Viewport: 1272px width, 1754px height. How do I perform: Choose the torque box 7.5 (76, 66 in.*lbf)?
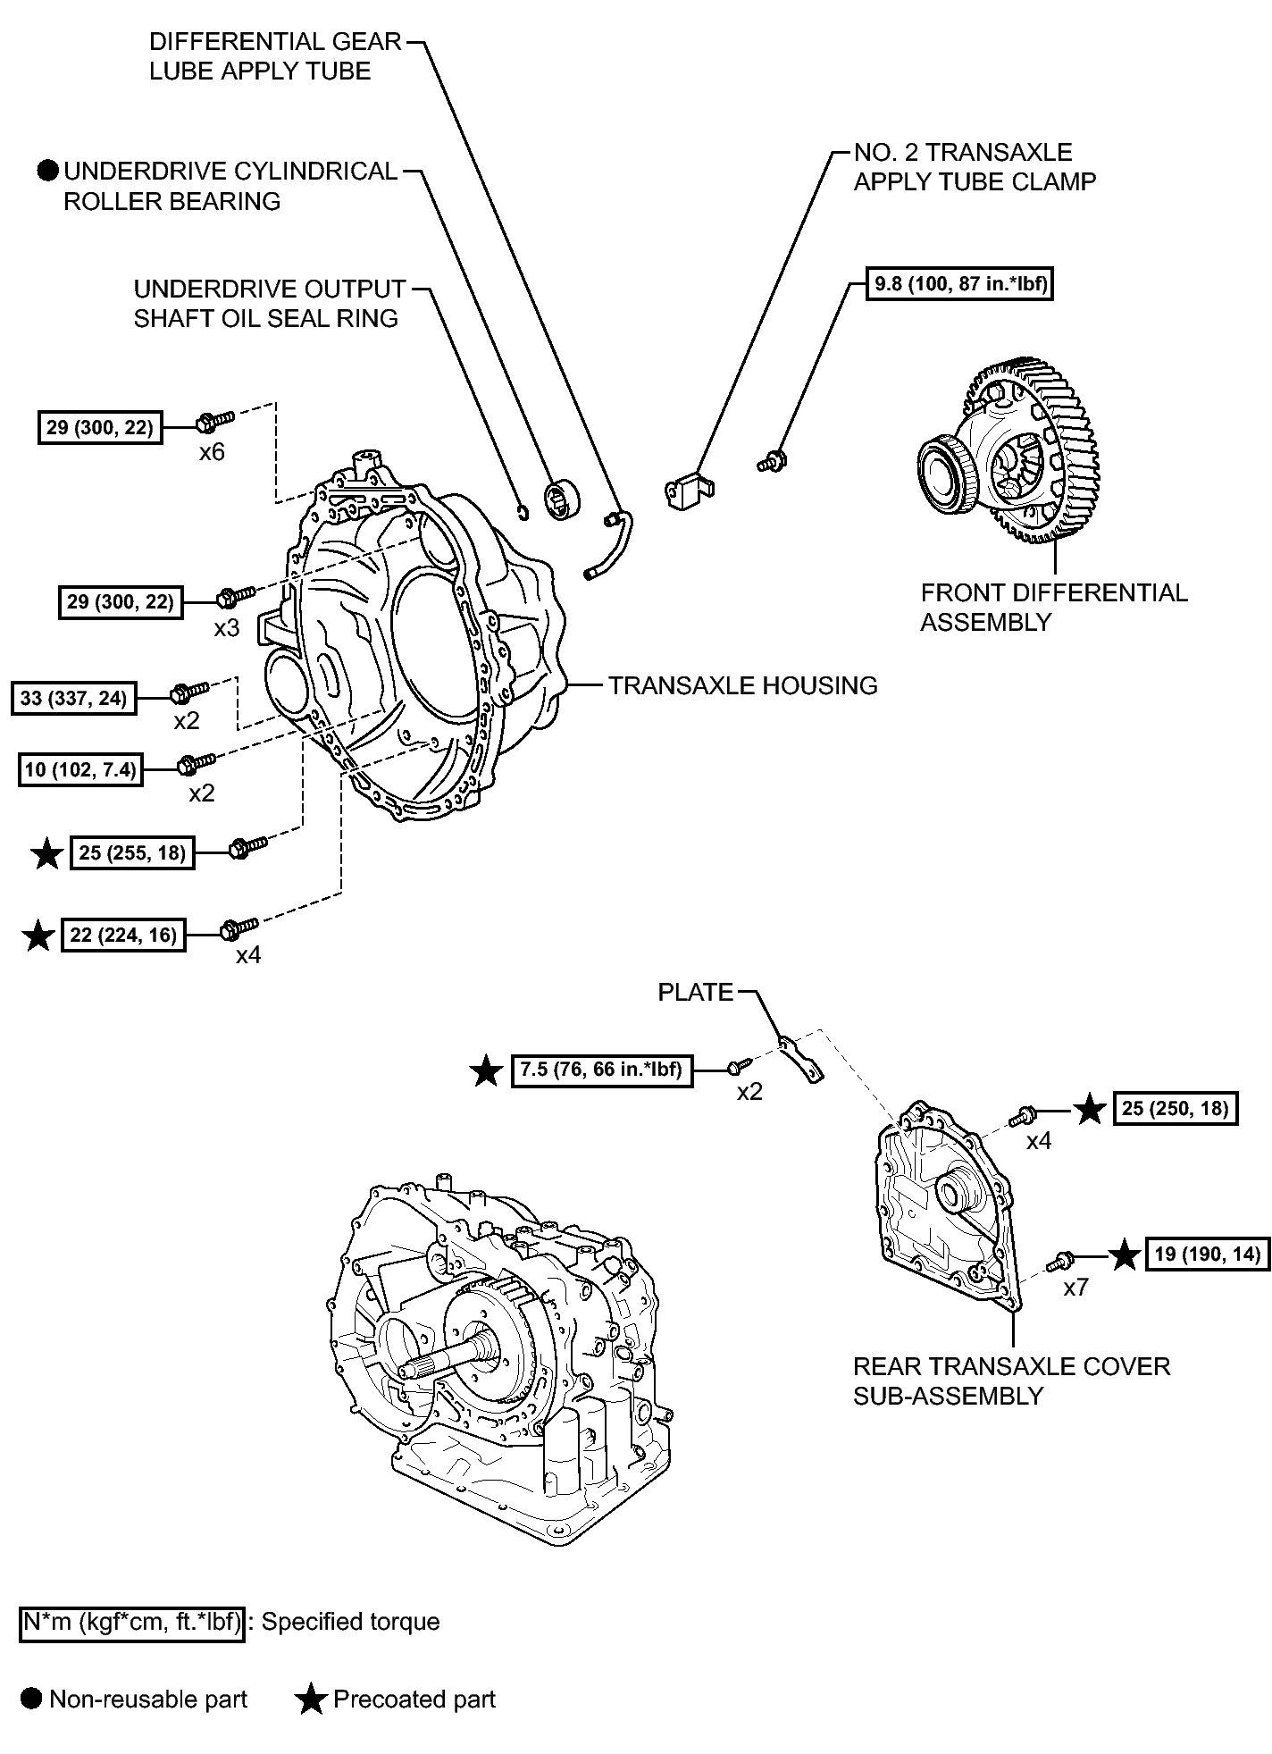point(603,1070)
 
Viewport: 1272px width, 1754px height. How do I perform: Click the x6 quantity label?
point(211,452)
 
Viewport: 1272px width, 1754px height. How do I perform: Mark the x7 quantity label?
point(1075,1288)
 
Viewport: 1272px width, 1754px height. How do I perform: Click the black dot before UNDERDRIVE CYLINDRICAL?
point(48,171)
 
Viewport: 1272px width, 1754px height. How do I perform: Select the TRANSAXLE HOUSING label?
point(742,685)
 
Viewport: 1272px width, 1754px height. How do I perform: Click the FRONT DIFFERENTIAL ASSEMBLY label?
point(1053,608)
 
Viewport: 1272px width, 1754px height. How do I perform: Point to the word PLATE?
point(695,992)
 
